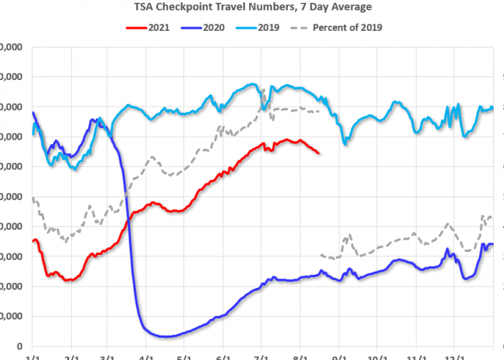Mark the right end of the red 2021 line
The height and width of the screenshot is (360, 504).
(319, 153)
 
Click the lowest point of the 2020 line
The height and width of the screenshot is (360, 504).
(166, 336)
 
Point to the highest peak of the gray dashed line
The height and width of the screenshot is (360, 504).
(264, 90)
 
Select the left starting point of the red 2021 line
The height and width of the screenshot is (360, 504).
(33, 241)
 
